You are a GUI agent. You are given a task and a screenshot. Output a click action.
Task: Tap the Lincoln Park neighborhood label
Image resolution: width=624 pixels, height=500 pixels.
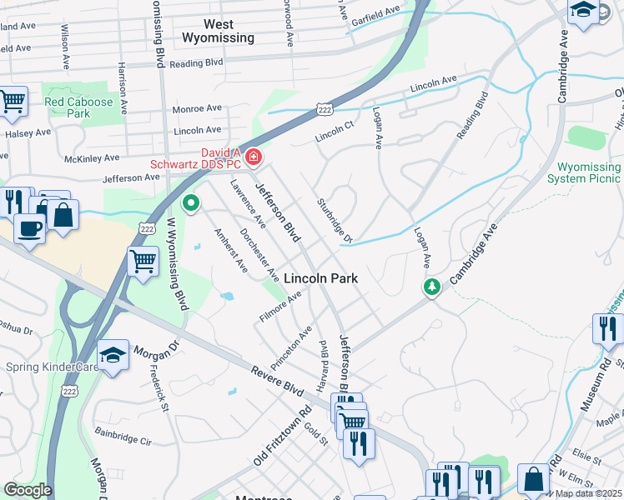pyautogui.click(x=321, y=278)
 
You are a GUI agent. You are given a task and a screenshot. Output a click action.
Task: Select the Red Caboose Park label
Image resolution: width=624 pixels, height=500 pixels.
pyautogui.click(x=78, y=107)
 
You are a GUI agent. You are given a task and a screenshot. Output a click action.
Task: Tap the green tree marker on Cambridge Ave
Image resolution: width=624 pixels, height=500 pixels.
pyautogui.click(x=431, y=287)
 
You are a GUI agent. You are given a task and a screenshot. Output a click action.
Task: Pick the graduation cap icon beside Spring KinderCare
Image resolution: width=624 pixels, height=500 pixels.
pyautogui.click(x=113, y=356)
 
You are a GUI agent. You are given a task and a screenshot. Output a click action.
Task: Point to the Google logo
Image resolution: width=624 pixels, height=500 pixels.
pyautogui.click(x=28, y=490)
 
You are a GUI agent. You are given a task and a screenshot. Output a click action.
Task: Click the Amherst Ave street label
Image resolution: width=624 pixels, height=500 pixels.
pyautogui.click(x=231, y=251)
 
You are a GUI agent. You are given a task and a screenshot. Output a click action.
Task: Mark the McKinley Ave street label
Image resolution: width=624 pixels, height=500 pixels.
pyautogui.click(x=94, y=157)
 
